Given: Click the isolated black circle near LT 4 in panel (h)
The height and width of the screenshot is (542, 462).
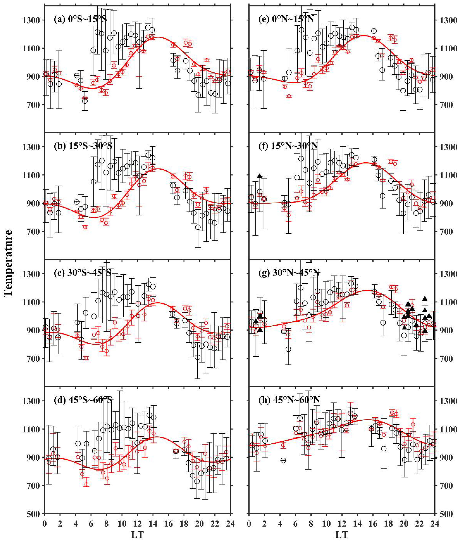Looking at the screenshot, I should coord(283,460).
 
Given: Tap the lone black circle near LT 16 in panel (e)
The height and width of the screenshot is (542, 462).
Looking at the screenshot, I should coord(374,31).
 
